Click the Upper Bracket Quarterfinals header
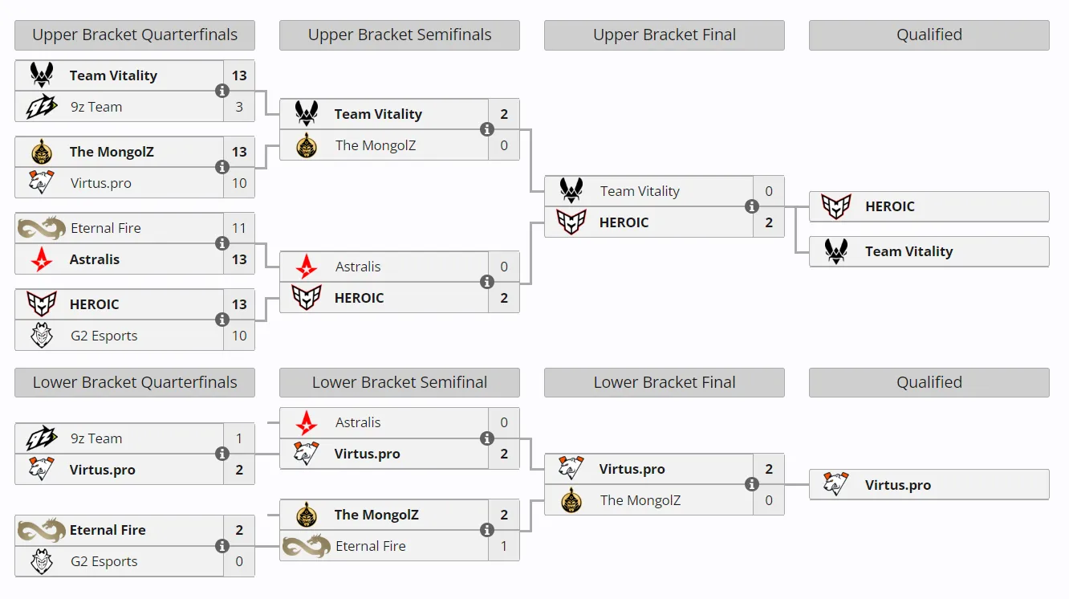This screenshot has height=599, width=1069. [x=135, y=35]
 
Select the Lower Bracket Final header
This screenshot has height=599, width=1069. [x=665, y=382]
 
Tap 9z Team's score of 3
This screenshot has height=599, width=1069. [x=239, y=107]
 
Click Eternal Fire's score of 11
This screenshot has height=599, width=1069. [x=239, y=228]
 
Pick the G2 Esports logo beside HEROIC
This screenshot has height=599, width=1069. [x=42, y=335]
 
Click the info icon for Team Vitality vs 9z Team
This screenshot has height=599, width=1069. [x=222, y=91]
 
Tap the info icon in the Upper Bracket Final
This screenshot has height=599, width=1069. [x=752, y=206]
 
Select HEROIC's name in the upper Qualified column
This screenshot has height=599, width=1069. [x=889, y=206]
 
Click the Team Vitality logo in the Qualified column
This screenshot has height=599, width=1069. [x=836, y=251]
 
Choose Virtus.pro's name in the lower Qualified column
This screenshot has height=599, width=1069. [x=898, y=485]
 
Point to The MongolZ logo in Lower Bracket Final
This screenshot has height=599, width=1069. [x=571, y=499]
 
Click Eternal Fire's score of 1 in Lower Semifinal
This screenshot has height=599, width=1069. [x=504, y=545]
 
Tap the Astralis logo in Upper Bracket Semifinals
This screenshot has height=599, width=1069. [x=307, y=267]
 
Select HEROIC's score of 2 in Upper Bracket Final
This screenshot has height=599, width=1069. [x=769, y=222]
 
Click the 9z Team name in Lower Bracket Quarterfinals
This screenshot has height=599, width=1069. [x=96, y=438]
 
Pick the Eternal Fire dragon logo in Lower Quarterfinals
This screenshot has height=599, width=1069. [x=42, y=530]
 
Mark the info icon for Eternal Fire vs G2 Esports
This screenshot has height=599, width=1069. [x=222, y=545]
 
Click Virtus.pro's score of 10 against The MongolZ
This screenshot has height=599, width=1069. [x=239, y=183]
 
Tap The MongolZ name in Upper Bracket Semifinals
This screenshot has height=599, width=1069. [x=375, y=145]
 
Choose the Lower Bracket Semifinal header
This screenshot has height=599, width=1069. [x=400, y=382]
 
